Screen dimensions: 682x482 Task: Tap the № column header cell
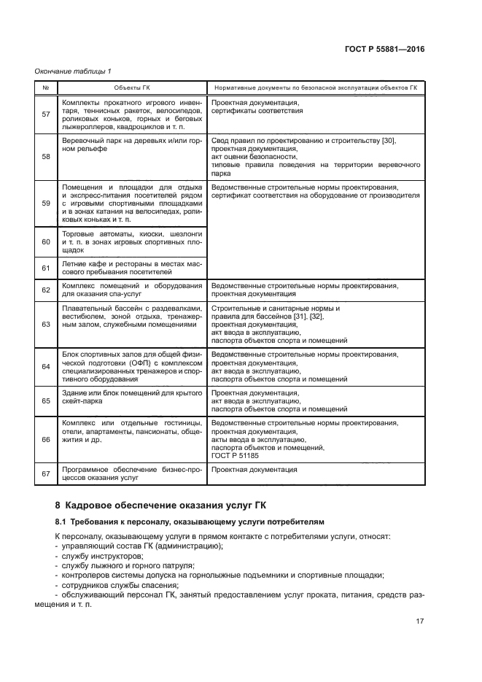click(46, 87)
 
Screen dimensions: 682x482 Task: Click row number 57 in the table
click(46, 114)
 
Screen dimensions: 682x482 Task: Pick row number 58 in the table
click(46, 157)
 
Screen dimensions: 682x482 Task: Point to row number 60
click(46, 241)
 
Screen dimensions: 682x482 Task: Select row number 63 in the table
click(46, 324)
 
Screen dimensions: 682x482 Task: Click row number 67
click(46, 474)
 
